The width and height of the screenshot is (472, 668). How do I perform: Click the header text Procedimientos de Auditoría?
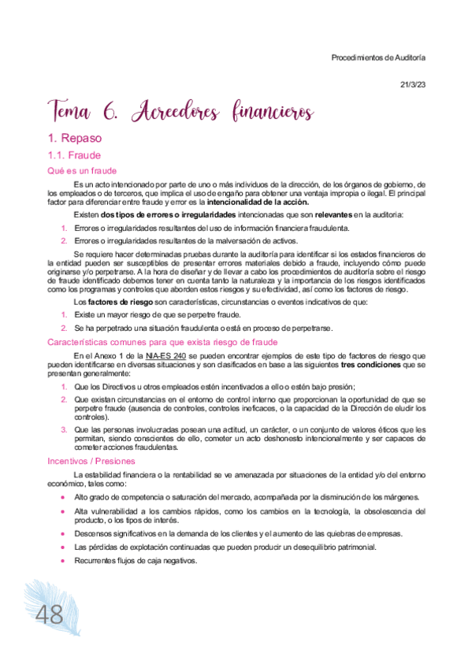click(378, 58)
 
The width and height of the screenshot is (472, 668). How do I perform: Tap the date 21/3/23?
click(412, 84)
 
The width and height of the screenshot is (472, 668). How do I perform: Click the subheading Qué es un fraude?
click(82, 170)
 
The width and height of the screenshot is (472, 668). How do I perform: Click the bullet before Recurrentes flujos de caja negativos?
click(64, 561)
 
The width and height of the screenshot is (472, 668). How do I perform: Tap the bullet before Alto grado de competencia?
click(64, 498)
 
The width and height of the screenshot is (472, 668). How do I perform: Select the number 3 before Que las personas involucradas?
click(64, 429)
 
